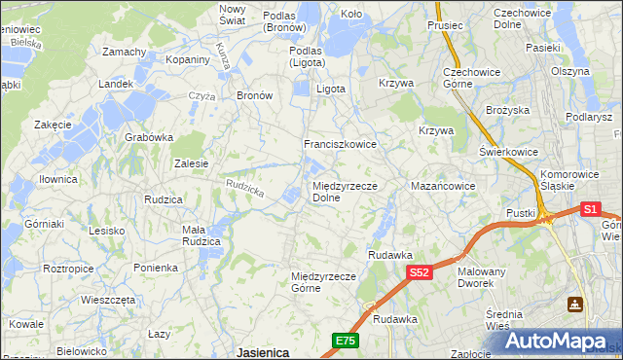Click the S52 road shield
[x=419, y=273]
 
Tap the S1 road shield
[x=590, y=208]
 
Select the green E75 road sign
[x=346, y=341]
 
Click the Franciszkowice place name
[x=340, y=143]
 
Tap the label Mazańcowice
[x=443, y=185]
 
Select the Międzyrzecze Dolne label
[x=345, y=192]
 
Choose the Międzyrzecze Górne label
[x=325, y=282]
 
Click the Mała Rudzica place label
[x=205, y=236]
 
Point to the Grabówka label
[x=148, y=137]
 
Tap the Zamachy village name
[x=124, y=52]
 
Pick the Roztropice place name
[x=68, y=267]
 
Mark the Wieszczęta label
[x=107, y=300]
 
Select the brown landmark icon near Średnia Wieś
[x=576, y=304]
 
